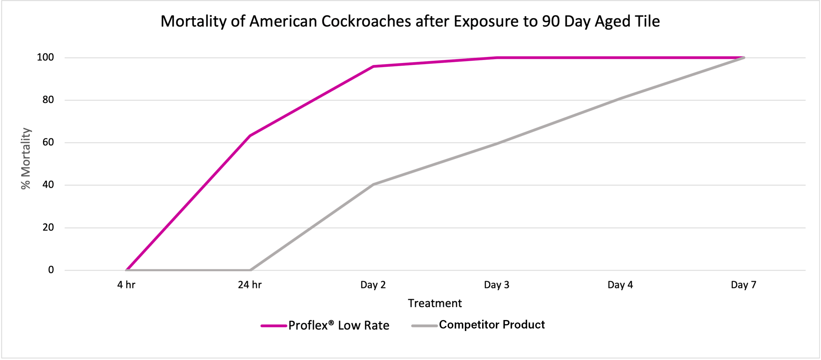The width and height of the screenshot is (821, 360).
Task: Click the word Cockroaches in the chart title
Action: coord(366,21)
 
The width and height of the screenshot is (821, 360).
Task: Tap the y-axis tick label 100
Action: coord(45,58)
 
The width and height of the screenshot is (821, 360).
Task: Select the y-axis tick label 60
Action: coord(48,142)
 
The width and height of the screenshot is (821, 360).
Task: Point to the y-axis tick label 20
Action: coord(48,227)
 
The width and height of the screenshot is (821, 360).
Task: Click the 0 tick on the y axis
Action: coord(51,270)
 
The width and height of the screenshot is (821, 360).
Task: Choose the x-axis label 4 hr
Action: coord(126,285)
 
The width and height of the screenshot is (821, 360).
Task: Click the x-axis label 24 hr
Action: coord(250,285)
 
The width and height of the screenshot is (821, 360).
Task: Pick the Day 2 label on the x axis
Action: coord(373,285)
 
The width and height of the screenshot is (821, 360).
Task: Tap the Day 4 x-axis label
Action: coord(620,285)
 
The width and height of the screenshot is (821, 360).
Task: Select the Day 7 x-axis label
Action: coord(743,285)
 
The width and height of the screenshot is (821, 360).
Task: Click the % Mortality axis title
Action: coord(26,158)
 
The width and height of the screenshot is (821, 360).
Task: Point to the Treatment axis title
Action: coord(435,303)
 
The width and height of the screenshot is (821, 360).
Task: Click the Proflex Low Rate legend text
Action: coord(339,325)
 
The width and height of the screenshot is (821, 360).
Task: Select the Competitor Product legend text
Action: coord(492,325)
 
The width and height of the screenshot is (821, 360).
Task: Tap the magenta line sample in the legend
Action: coord(274,326)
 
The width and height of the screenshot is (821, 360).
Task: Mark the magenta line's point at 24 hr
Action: coord(250,136)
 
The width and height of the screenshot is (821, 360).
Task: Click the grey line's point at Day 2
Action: coord(373,184)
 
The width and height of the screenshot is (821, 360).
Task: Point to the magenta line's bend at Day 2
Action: coord(373,66)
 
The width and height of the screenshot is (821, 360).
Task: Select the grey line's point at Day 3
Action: coord(497,144)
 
